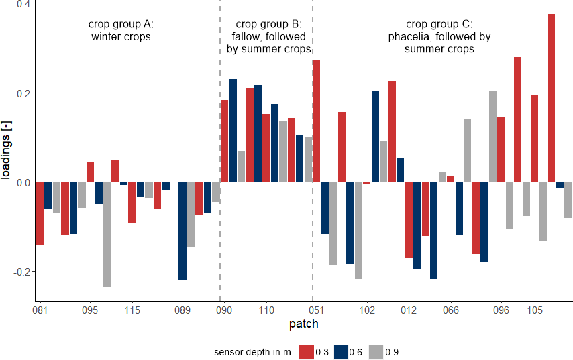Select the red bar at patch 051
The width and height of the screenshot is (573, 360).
click(317, 121)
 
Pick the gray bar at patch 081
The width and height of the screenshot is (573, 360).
click(56, 198)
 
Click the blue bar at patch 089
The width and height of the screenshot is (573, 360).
click(183, 231)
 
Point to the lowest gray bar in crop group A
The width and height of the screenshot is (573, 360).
click(107, 234)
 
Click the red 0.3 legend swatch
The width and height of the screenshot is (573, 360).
click(307, 352)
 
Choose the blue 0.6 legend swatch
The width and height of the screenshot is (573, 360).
click(341, 352)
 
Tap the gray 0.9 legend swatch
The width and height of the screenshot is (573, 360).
click(376, 352)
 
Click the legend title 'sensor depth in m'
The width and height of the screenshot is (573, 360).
click(252, 352)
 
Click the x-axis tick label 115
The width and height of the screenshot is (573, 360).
click(132, 311)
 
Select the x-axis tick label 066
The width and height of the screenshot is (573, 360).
click(451, 311)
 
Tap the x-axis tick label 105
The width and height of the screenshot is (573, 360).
click(535, 311)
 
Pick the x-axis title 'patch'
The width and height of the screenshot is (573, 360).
click(303, 325)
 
